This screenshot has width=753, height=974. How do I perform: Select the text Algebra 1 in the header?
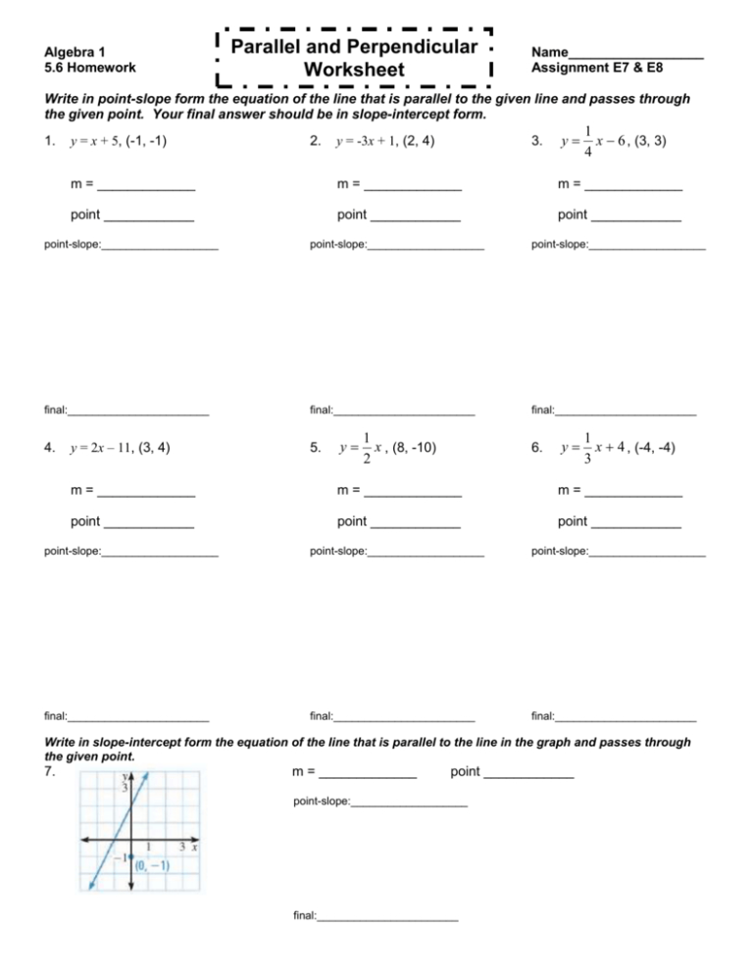tap(76, 51)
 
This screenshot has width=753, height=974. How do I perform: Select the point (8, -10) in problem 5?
tap(410, 449)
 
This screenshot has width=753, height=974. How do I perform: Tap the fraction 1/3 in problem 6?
tap(585, 449)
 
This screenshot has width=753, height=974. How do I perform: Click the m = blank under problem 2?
tap(412, 185)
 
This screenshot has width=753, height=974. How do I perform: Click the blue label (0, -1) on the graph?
tap(152, 865)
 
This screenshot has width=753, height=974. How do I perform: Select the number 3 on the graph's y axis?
tap(125, 787)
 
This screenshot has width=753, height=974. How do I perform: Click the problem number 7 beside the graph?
tap(50, 772)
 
